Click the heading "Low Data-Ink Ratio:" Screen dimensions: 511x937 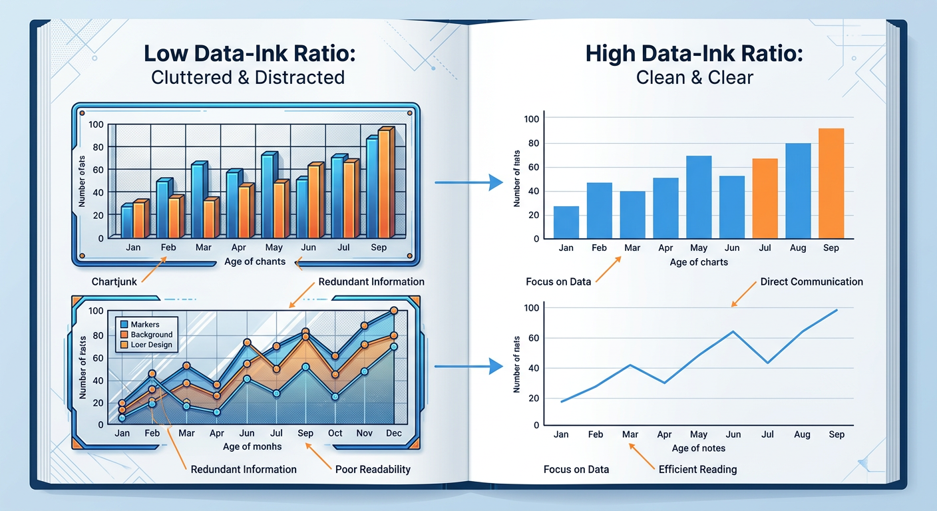pos(248,54)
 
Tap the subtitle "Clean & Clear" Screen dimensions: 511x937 pos(694,77)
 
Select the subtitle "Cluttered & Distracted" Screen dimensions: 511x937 pos(248,77)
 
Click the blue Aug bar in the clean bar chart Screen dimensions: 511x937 pos(798,191)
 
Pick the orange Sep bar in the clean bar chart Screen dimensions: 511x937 pos(831,183)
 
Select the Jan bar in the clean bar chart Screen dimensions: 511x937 pos(566,222)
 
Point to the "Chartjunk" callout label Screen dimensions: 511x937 pos(114,281)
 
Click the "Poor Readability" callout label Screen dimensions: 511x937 pos(373,469)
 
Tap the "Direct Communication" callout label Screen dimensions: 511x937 pos(811,281)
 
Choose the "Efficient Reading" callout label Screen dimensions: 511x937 pos(697,469)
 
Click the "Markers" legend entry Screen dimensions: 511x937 pos(145,324)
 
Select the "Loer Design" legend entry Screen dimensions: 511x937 pos(151,345)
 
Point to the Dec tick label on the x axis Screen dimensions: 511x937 pos(394,433)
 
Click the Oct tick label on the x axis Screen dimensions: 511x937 pos(335,433)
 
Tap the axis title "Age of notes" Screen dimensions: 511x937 pos(699,448)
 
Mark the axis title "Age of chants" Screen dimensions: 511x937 pos(255,261)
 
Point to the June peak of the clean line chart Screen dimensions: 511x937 pos(733,331)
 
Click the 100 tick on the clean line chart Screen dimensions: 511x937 pos(531,308)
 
